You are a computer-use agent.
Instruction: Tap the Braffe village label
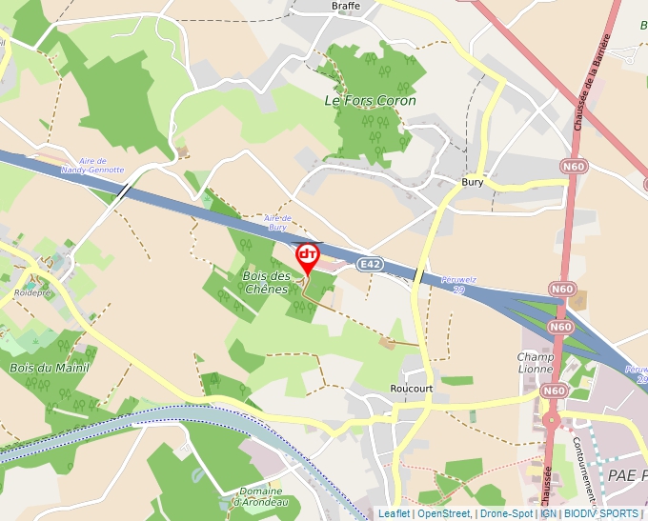click(x=346, y=6)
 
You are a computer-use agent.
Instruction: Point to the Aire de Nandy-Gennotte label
click(x=90, y=165)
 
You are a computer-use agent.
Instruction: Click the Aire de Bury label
click(x=277, y=222)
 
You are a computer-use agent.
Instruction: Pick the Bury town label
click(x=473, y=181)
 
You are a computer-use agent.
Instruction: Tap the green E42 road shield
click(x=371, y=264)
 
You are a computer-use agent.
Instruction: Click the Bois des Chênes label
click(x=265, y=283)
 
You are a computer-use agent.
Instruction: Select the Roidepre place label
click(x=31, y=293)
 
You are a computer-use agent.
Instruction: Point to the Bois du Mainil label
click(x=49, y=367)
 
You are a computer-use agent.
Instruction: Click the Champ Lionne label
click(x=536, y=362)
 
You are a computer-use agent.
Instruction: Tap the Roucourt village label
click(x=413, y=389)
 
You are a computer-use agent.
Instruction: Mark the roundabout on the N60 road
click(x=551, y=420)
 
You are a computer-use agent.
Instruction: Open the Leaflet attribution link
click(x=394, y=513)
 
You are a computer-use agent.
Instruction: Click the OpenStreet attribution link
click(x=444, y=513)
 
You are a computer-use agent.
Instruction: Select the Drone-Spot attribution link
click(x=507, y=513)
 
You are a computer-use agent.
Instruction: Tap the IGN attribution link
click(x=549, y=513)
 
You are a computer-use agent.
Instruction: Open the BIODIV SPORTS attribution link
click(x=601, y=513)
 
